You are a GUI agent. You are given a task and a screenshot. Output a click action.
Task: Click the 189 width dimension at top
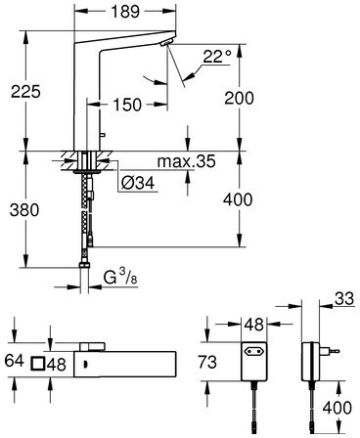(125, 12)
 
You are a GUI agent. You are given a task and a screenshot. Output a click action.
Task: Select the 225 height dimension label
(25, 92)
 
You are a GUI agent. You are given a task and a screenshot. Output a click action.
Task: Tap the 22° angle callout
(217, 57)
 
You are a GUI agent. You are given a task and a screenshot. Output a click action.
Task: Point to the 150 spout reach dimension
(127, 105)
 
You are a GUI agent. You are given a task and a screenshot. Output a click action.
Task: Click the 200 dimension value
(239, 98)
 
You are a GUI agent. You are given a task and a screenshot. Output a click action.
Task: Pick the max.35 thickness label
(186, 161)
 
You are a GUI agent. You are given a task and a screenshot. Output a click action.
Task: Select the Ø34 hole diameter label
(138, 184)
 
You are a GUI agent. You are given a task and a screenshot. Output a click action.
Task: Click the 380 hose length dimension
(24, 210)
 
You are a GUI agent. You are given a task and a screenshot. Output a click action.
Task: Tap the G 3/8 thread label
(120, 278)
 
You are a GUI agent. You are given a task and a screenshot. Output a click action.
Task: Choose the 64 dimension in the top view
(15, 361)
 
